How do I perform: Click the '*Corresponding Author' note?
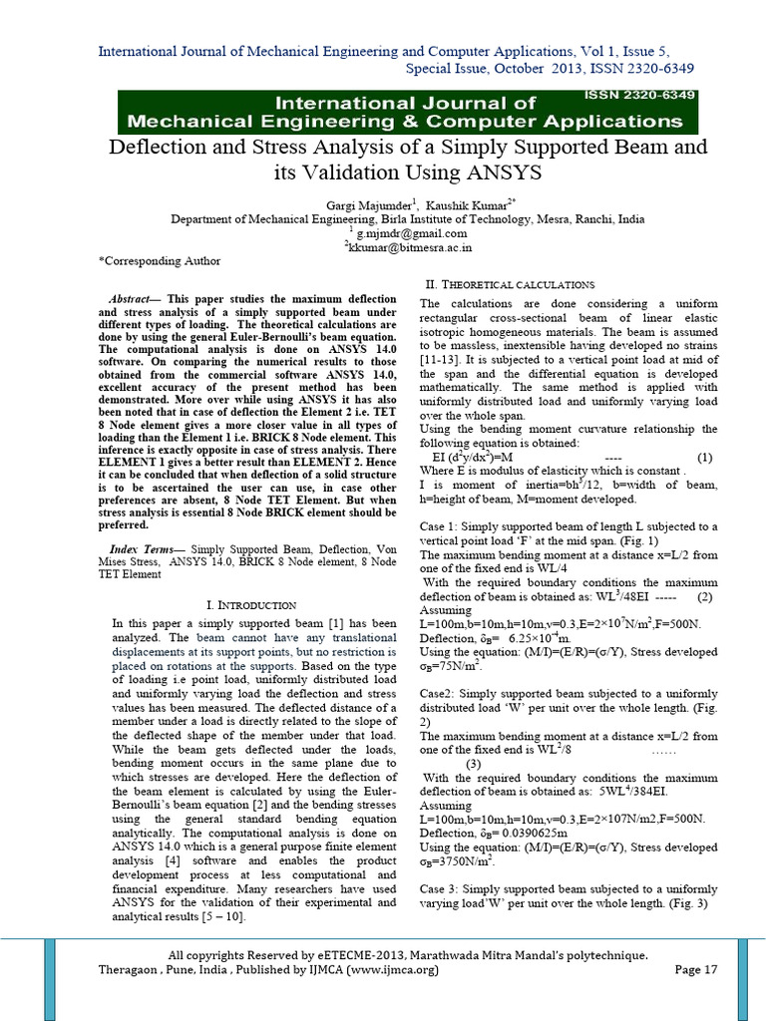click(160, 261)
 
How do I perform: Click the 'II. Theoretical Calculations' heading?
click(510, 284)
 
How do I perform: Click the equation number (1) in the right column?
click(705, 458)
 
